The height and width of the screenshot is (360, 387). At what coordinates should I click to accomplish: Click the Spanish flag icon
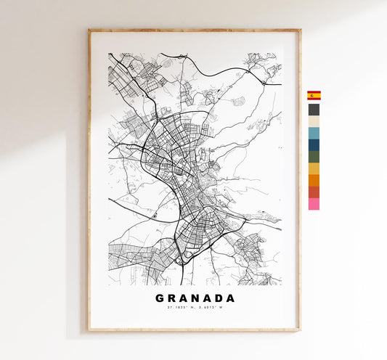(314, 95)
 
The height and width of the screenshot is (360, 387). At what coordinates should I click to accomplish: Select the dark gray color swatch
(314, 110)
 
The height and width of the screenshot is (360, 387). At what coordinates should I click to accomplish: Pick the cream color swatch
(314, 121)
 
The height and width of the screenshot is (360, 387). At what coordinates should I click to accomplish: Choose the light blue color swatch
(314, 133)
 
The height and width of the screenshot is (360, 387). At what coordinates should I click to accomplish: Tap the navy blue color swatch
(314, 144)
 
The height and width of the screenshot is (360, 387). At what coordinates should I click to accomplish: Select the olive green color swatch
(314, 156)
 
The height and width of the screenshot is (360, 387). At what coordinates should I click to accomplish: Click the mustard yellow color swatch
(314, 168)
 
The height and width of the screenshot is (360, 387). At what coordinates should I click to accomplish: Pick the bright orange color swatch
(314, 180)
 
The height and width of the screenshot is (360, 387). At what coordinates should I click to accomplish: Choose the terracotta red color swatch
(314, 192)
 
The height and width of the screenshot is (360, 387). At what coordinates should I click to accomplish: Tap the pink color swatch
(314, 204)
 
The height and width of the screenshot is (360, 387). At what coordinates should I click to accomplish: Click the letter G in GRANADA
(159, 298)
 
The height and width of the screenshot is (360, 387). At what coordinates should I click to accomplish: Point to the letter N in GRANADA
(195, 298)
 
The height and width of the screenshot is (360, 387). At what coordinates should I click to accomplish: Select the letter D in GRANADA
(219, 298)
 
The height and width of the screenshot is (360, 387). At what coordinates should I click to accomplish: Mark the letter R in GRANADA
(171, 298)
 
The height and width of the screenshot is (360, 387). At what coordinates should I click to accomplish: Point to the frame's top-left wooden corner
(90, 31)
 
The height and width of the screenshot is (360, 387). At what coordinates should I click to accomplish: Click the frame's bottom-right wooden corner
(298, 330)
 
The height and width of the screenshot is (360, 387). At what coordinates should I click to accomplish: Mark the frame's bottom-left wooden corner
(90, 330)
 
